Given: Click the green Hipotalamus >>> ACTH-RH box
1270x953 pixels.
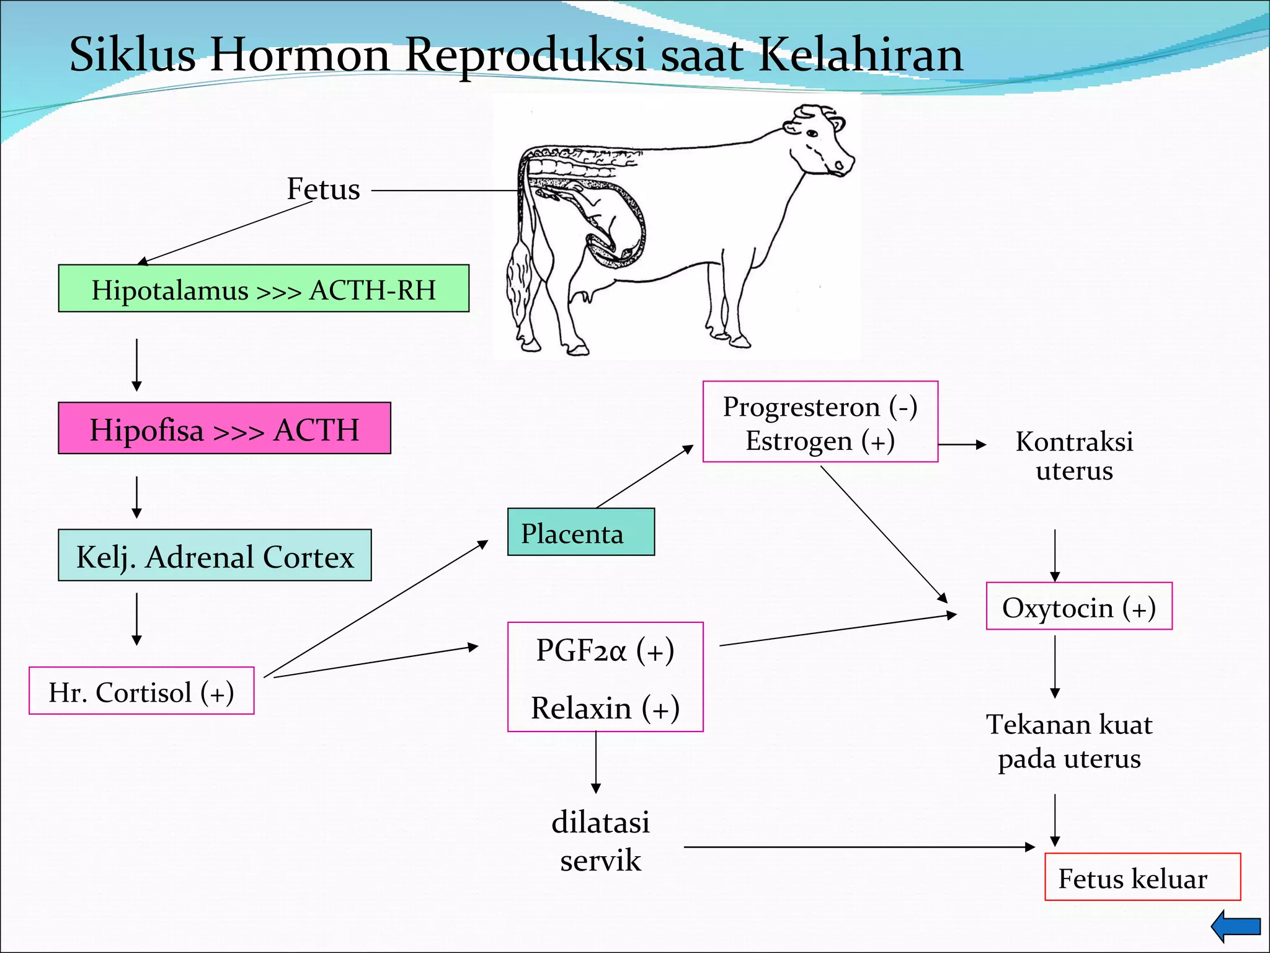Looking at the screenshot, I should coord(264,289).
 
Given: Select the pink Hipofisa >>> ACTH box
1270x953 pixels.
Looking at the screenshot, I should coord(224,429).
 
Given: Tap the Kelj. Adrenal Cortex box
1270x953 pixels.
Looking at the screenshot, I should coord(215,556).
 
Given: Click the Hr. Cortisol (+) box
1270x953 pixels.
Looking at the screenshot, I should coord(141,691).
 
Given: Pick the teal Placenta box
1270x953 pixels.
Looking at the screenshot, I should coord(580,532).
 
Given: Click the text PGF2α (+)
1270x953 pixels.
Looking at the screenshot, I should coord(605,650).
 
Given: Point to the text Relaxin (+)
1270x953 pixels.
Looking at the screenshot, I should coord(605,708).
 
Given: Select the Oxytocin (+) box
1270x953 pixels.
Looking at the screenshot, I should coord(1079,607).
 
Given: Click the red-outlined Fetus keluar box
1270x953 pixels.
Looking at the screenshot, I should coord(1142,877).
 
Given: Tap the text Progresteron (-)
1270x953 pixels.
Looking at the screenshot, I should coord(820,407).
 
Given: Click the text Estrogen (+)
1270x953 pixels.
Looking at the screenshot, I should coord(820,441).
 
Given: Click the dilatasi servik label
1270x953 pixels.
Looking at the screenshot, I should coord(600,841).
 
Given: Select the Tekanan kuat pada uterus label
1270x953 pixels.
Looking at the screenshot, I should coord(1069,741).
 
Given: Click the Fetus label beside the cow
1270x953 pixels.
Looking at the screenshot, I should coord(323,189).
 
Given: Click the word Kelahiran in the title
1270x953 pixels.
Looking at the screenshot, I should coord(861,55).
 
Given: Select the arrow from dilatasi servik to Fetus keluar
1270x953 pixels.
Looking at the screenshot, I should coord(859,847).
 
